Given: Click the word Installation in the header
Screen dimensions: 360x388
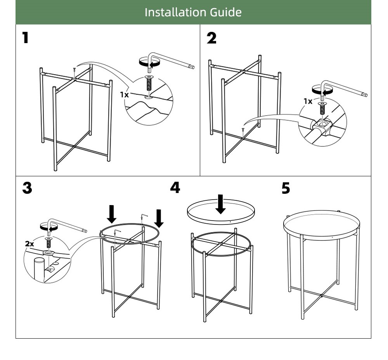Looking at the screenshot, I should coord(176,12).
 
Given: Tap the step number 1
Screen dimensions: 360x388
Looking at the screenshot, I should coord(25,38).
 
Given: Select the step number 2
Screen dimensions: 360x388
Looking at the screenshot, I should coord(211,38).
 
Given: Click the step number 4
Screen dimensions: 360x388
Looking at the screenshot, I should coord(175,188).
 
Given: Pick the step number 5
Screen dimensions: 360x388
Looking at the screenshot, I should coord(286,188).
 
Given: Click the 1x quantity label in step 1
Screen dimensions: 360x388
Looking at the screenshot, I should coord(124,94).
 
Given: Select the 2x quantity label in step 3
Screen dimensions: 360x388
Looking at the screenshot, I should coord(29,243).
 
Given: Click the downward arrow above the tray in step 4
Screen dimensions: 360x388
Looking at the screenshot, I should coord(221,204).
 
